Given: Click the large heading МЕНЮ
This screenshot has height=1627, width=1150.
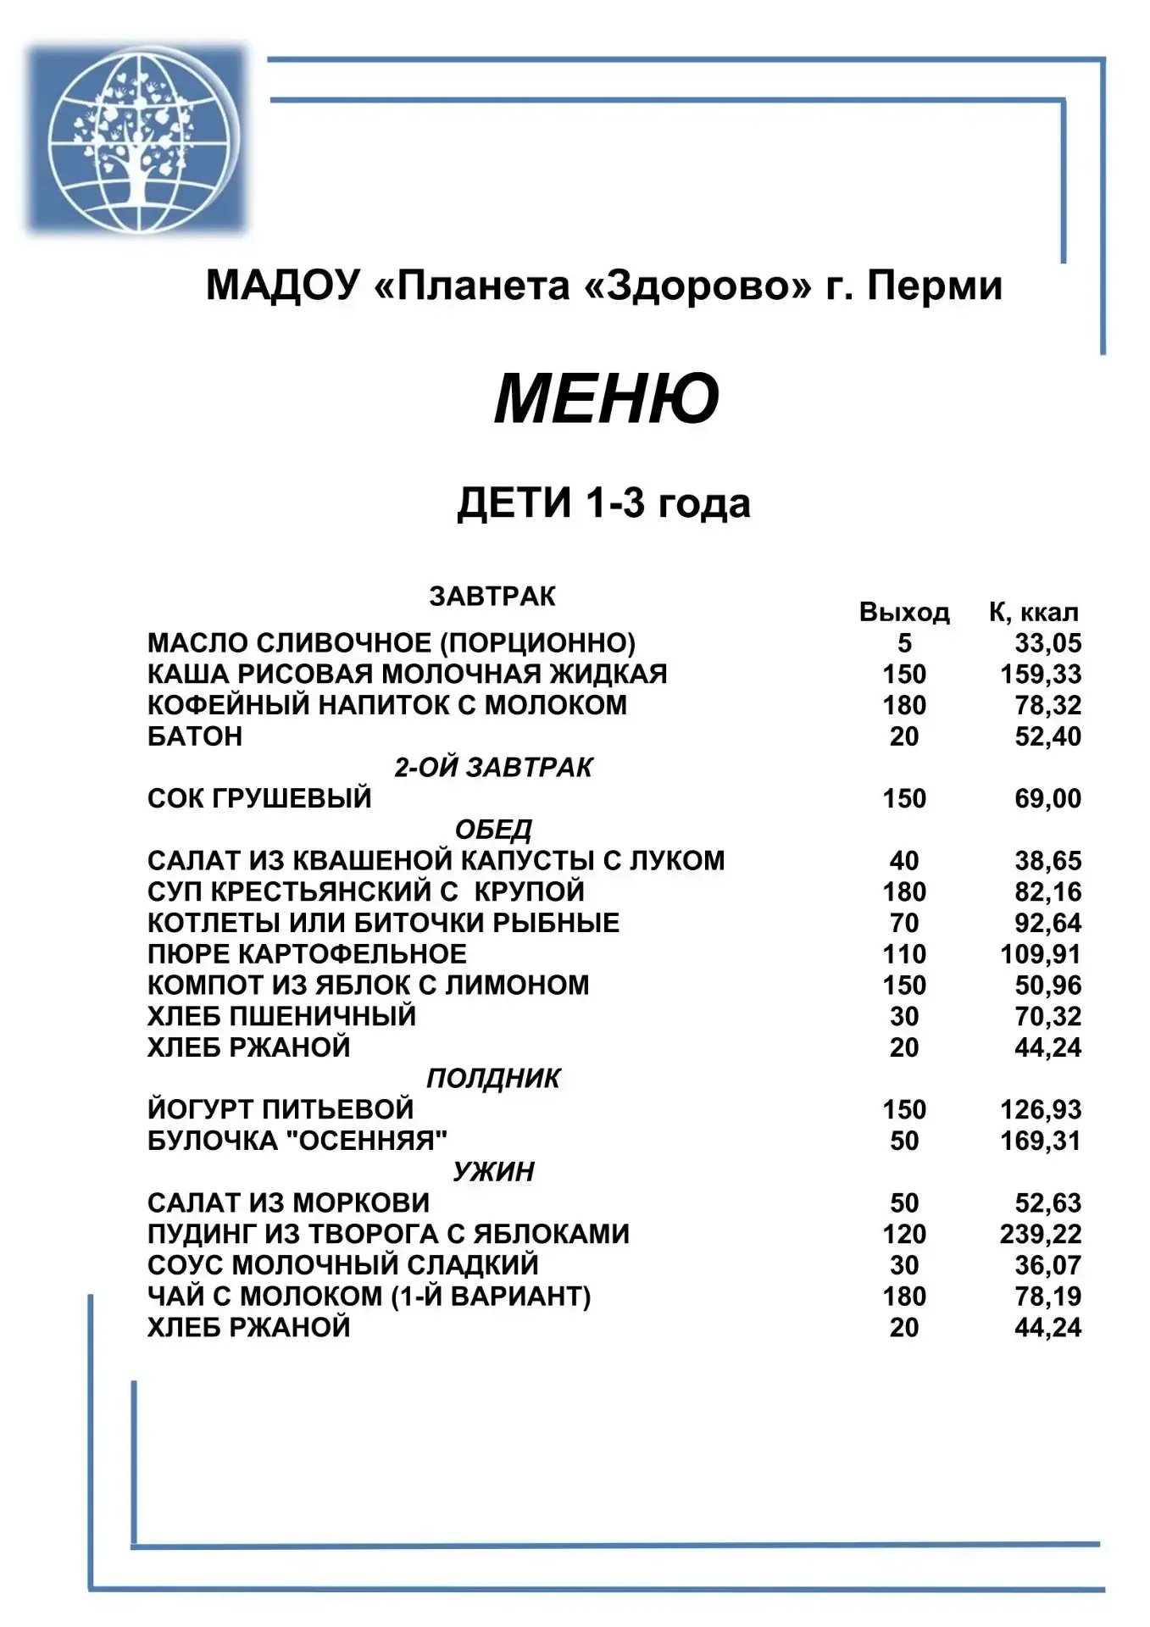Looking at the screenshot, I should (606, 398).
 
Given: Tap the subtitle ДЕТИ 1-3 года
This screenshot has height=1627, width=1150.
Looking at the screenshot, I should (603, 503).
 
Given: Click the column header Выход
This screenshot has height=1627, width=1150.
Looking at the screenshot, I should (903, 612).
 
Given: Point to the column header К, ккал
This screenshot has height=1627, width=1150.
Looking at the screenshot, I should (1033, 612).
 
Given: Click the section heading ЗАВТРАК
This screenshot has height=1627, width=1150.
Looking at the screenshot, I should (492, 597).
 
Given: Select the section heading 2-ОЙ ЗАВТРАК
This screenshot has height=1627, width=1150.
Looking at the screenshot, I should (492, 768).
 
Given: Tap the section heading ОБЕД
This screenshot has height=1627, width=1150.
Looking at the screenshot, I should (492, 830).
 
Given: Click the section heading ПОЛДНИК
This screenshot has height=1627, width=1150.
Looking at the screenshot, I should (492, 1078).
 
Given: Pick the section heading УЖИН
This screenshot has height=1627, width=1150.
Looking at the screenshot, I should (492, 1172).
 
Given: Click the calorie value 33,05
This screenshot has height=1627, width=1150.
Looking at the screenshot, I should (1047, 643).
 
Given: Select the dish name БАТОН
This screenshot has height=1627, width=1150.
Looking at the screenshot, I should (195, 736).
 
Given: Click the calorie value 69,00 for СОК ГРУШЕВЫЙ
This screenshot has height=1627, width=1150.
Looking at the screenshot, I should (1047, 798).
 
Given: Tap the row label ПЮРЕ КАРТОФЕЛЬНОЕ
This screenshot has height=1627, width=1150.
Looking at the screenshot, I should (307, 954).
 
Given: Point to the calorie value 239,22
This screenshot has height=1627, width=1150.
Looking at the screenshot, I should (1041, 1234).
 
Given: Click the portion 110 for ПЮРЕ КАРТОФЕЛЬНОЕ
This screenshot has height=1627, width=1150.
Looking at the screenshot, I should (903, 954).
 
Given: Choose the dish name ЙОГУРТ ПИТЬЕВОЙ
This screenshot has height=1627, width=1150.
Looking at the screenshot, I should (281, 1109).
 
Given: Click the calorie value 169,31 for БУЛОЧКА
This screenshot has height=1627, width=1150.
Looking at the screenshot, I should (1041, 1141).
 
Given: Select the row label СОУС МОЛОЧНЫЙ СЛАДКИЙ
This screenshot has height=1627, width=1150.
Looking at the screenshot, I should (342, 1265).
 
